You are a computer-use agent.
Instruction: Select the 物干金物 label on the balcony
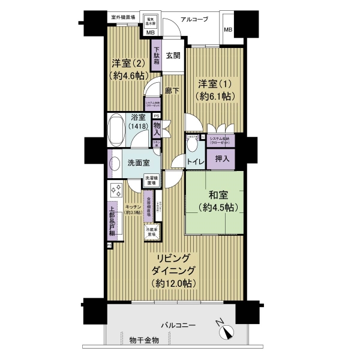click(144, 340)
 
